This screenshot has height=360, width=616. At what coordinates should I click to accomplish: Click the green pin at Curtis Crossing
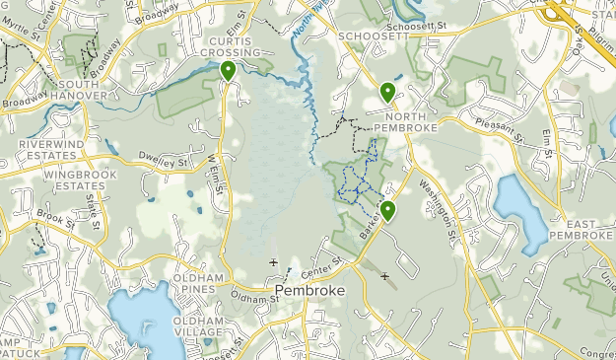pyautogui.click(x=228, y=71)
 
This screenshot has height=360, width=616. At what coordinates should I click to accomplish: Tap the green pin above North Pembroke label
pyautogui.click(x=387, y=93)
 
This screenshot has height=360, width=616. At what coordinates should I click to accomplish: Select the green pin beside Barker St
pyautogui.click(x=388, y=210)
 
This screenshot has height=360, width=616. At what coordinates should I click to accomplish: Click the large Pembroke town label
pyautogui.click(x=308, y=293)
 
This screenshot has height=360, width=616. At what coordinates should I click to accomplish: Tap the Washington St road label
pyautogui.click(x=442, y=208)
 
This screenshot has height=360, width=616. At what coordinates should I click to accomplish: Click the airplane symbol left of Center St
pyautogui.click(x=273, y=262)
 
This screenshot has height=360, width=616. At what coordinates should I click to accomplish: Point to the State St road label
pyautogui.click(x=94, y=208)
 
